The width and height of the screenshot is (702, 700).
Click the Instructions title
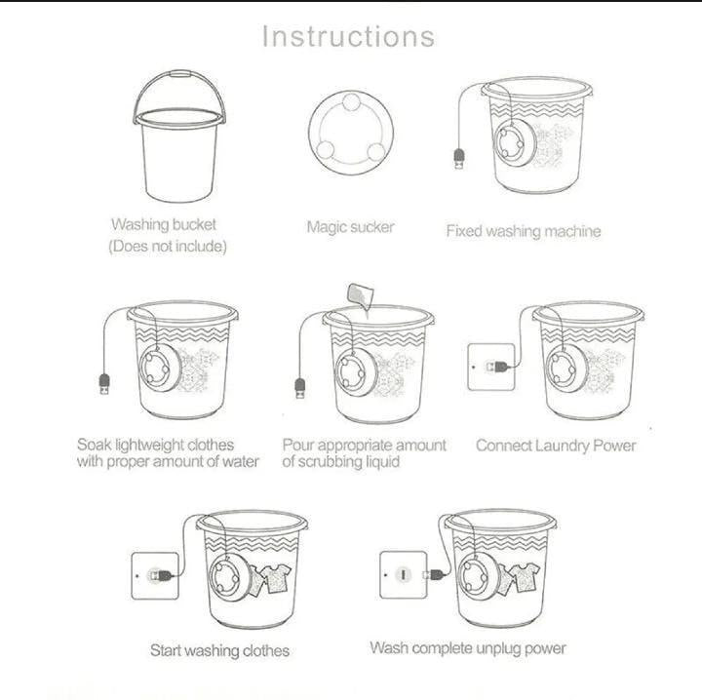tap(348, 36)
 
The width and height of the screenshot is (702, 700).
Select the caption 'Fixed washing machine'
tap(523, 231)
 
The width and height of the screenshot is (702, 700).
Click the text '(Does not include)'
tap(168, 247)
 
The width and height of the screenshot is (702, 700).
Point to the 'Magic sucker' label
tap(350, 226)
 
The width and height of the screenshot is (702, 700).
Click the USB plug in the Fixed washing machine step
tap(458, 158)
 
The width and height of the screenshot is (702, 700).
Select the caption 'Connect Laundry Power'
tap(556, 446)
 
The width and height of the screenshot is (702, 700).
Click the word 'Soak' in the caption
tap(96, 445)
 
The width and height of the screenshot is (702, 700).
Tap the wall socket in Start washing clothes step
tap(153, 574)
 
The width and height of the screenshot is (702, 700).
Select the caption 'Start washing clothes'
tap(219, 649)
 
